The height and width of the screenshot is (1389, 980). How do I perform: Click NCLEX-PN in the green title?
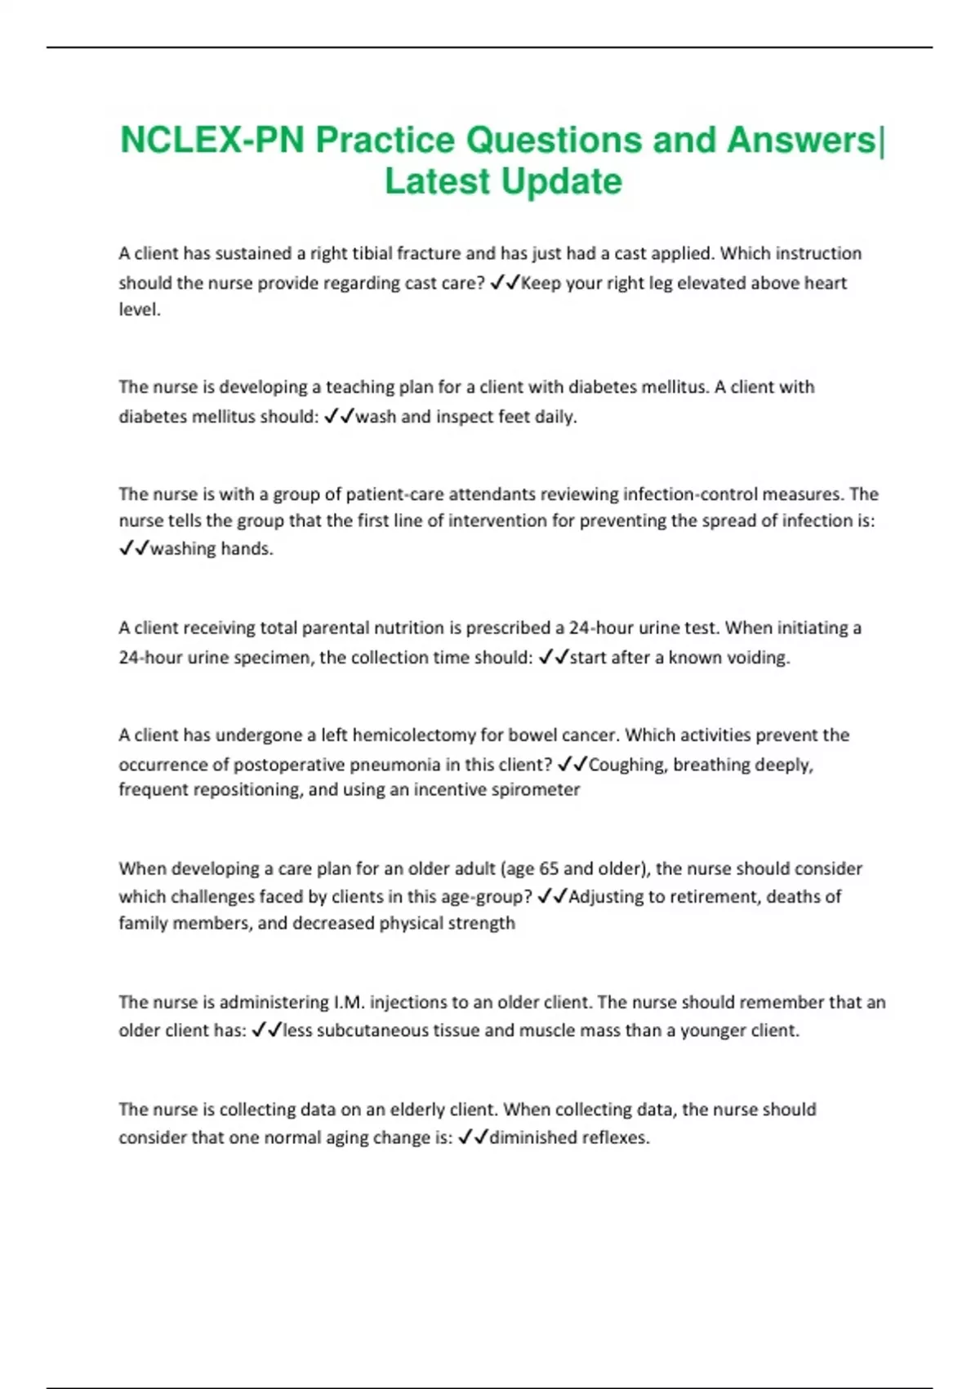tap(212, 141)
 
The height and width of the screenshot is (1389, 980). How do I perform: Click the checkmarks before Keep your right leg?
tap(505, 283)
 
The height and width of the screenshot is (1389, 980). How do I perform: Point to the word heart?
tap(824, 283)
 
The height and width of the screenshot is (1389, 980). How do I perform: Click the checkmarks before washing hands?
tap(133, 548)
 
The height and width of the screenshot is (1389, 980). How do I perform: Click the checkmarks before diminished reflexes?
tap(474, 1137)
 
